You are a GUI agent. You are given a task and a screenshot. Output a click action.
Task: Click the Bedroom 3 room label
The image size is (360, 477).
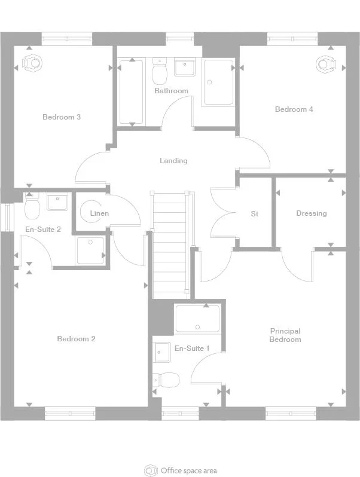62,117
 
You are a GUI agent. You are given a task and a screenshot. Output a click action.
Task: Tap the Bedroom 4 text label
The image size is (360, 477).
294,109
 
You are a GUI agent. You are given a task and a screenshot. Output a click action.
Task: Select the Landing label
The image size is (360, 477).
173,161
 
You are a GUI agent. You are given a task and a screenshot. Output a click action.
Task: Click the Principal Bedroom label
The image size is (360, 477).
285,335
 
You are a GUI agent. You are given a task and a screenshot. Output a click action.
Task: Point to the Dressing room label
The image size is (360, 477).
311,213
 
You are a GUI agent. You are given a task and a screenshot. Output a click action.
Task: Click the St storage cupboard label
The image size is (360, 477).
254,213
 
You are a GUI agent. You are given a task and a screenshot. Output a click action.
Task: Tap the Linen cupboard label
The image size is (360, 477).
99,213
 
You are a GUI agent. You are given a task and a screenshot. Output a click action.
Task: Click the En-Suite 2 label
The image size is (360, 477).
42,229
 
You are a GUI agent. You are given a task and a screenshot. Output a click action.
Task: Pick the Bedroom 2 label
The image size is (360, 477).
76,339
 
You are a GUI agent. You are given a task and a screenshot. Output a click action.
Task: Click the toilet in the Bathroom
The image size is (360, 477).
160,73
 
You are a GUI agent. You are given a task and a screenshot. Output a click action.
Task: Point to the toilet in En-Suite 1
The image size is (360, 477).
167,379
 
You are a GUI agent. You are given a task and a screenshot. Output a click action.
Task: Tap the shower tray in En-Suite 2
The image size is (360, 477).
90,250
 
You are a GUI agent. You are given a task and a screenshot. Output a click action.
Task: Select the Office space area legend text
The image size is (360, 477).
188,470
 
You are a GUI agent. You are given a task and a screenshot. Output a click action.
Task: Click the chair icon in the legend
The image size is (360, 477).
151,470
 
